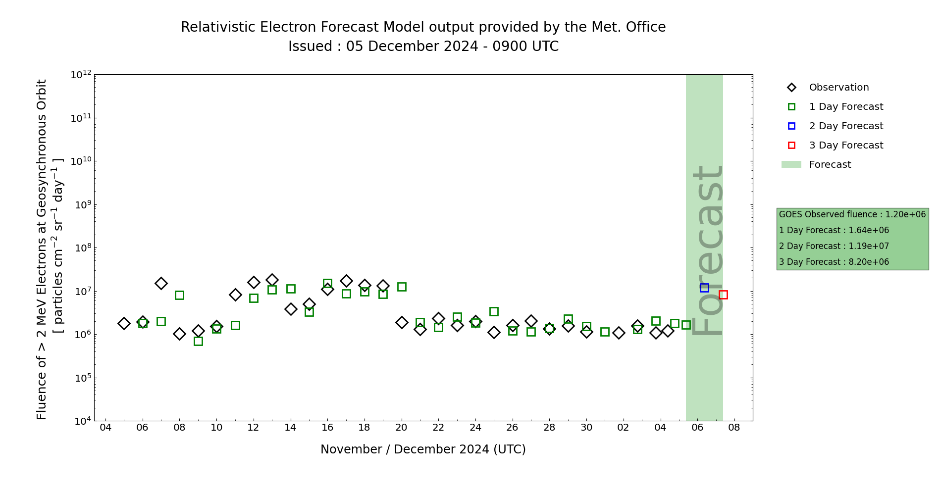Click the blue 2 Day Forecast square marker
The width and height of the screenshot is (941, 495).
[x=704, y=288]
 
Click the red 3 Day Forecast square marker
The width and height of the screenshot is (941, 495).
[x=723, y=295]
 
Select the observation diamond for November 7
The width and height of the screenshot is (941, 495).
[x=161, y=283]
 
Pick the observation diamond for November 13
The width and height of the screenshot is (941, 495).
[x=272, y=280]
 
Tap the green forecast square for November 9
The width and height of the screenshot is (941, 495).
[x=198, y=341]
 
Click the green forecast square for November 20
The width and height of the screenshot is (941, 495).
[x=402, y=287]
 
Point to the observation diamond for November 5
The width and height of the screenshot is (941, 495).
[x=124, y=323]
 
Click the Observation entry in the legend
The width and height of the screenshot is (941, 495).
[x=838, y=88]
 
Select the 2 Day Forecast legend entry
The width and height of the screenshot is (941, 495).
[x=845, y=126]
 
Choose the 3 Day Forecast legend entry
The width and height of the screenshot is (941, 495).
[x=845, y=146]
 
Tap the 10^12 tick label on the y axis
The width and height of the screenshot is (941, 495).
[x=81, y=75]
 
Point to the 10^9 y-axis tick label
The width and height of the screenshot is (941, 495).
[x=81, y=204]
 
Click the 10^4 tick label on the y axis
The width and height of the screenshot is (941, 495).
[x=81, y=421]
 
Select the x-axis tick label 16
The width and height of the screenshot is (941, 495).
[x=327, y=427]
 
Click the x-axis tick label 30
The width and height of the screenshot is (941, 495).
[x=586, y=427]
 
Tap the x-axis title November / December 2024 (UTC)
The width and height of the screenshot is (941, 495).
[x=423, y=449]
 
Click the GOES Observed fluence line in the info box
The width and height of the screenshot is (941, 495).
[x=852, y=214]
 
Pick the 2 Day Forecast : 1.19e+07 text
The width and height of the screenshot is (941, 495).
[x=834, y=246]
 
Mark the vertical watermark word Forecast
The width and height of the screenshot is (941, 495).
[x=707, y=250]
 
